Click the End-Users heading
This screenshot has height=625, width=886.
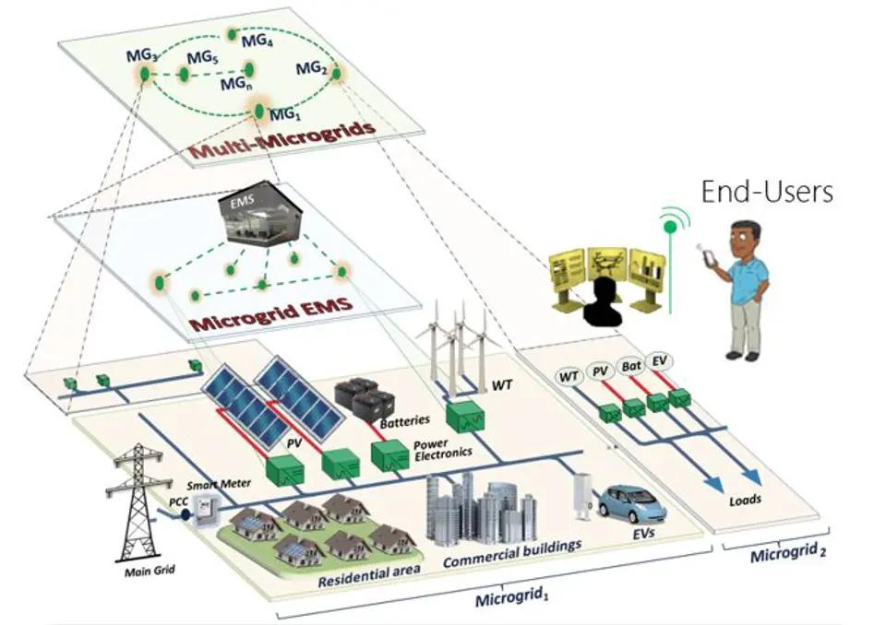coord(767,192)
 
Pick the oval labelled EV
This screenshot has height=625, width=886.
coord(658,360)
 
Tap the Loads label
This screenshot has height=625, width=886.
coord(744,501)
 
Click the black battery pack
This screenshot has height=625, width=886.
coord(363,397)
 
